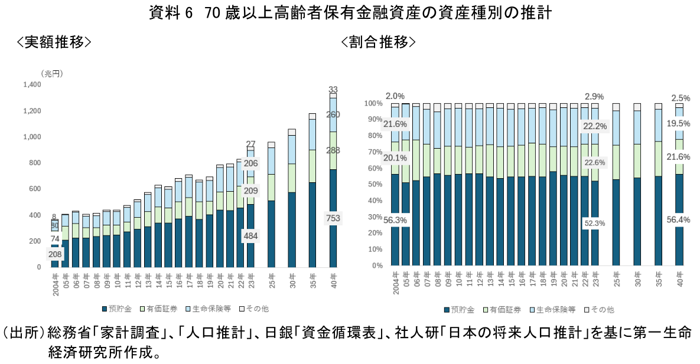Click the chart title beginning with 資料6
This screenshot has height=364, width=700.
[350, 14]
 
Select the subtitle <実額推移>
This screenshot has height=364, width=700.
[54, 42]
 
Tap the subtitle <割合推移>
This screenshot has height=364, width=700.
[378, 42]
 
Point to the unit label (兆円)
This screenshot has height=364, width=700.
[52, 73]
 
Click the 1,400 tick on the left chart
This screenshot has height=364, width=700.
[32, 85]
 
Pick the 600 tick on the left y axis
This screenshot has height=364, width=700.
[35, 189]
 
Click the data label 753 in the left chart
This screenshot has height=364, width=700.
[333, 219]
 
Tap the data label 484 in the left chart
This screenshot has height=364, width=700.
[250, 236]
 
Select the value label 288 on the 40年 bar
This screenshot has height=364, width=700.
[333, 150]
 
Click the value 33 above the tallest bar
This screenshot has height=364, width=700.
[333, 90]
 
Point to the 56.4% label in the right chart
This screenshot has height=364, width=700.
[679, 220]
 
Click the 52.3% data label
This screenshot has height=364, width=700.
[594, 224]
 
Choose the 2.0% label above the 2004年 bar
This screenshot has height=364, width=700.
[395, 96]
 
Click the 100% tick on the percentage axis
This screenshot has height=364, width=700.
[373, 104]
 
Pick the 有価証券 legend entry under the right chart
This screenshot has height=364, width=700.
[503, 309]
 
